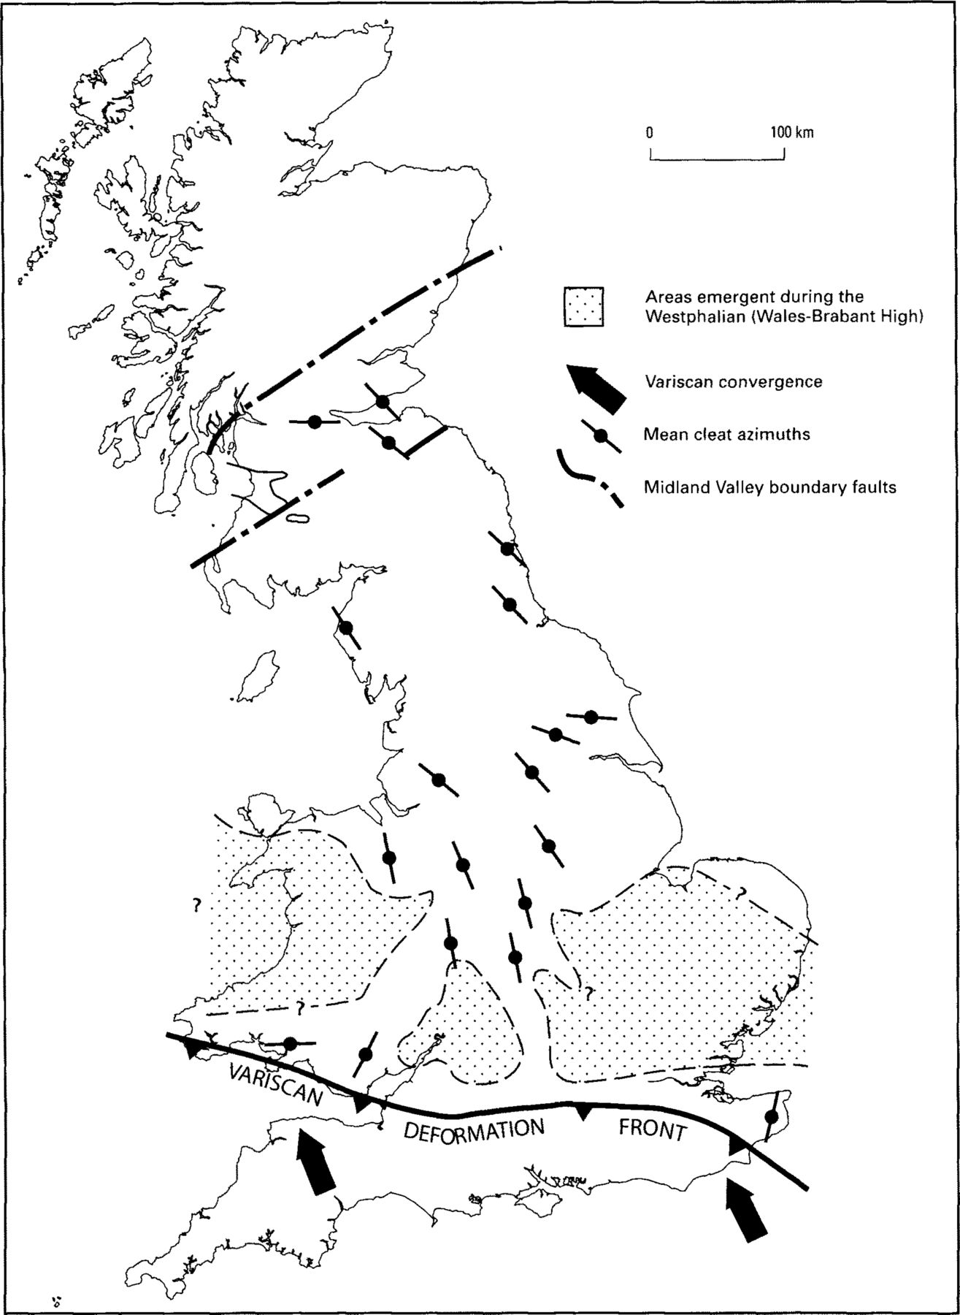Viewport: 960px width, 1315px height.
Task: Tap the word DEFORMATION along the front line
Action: pos(474,1129)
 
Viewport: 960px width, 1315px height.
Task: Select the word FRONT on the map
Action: pos(653,1129)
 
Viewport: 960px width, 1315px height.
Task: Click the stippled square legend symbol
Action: pos(583,306)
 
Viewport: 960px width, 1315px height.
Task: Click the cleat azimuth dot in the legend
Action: pos(601,436)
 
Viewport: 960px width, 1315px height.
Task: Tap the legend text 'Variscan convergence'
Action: pos(733,381)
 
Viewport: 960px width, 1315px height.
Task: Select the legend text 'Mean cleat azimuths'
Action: pos(726,434)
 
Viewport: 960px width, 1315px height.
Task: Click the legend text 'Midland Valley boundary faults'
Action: pos(769,487)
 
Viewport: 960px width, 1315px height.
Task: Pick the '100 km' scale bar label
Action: pos(791,132)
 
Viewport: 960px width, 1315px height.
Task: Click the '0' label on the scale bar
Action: pos(649,132)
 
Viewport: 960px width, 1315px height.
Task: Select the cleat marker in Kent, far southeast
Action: pos(771,1116)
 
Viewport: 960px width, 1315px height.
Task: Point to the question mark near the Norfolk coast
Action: pos(741,892)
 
